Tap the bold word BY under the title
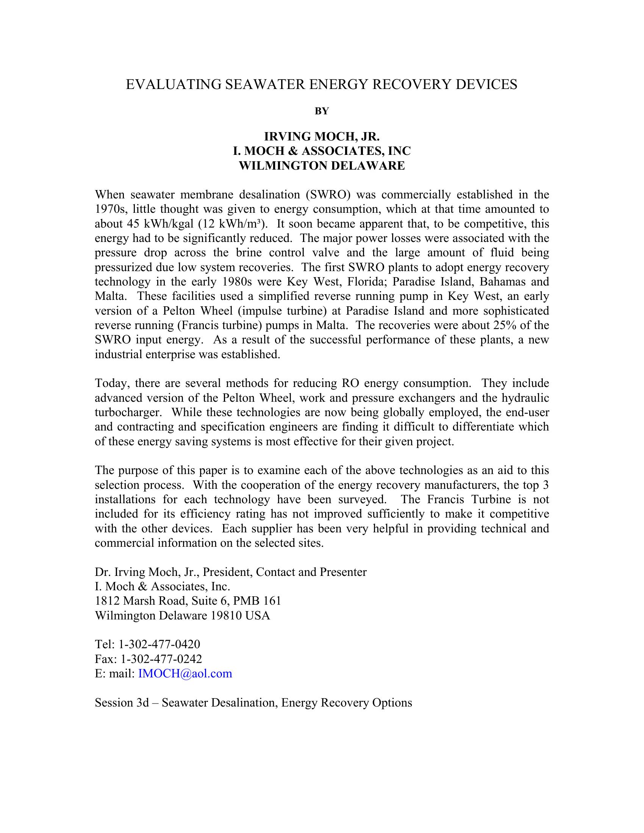[322, 111]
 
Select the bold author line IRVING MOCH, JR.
[322, 137]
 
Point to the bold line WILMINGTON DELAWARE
[322, 166]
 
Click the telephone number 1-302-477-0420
[159, 644]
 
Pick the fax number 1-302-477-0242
[161, 659]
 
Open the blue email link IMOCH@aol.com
[185, 674]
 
